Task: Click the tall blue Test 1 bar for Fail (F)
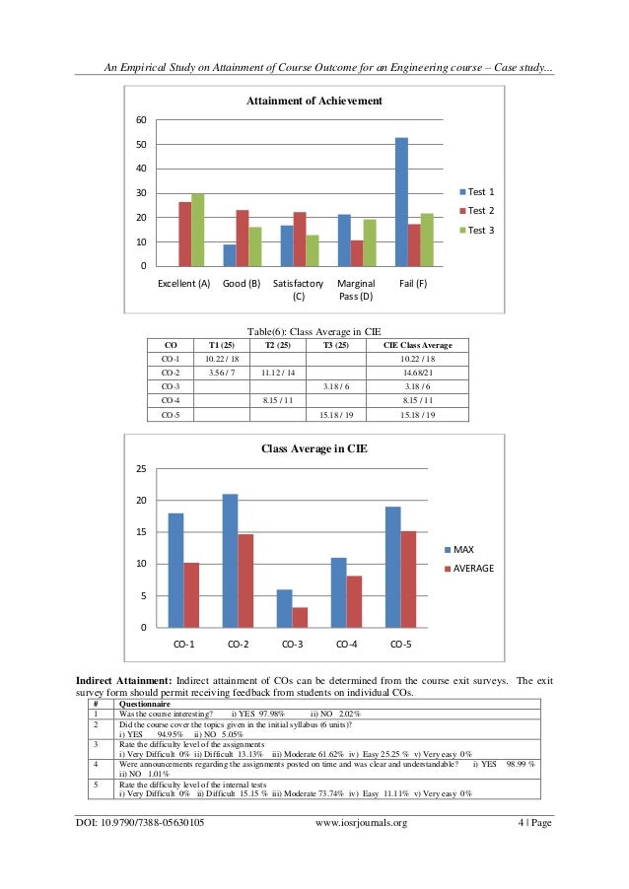tap(401, 202)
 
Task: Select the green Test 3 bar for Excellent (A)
tap(198, 230)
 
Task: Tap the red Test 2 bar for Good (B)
tap(243, 238)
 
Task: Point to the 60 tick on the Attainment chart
tap(141, 120)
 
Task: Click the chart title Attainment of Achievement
tap(314, 102)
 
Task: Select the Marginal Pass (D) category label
tap(356, 290)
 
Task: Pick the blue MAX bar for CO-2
tap(231, 561)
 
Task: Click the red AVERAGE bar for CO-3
tap(300, 617)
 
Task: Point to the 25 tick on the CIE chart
tap(140, 469)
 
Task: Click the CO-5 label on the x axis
tap(399, 645)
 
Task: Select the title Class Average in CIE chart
tap(314, 448)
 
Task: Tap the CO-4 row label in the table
tap(170, 401)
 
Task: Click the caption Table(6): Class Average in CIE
tap(314, 332)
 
